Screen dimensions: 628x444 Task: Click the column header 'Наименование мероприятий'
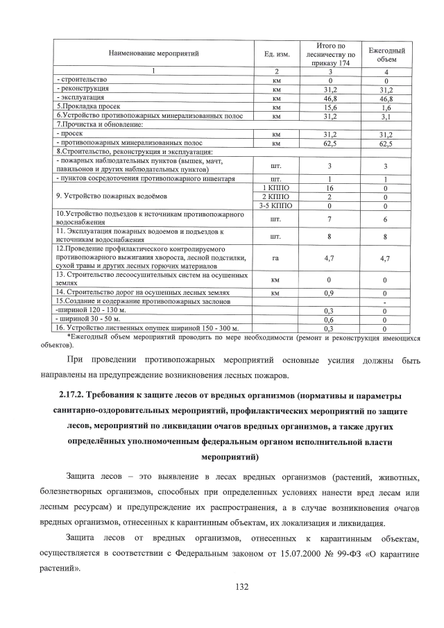pyautogui.click(x=153, y=53)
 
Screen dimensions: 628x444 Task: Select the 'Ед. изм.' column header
pyautogui.click(x=275, y=53)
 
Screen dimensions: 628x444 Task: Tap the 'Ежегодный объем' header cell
pyautogui.click(x=386, y=53)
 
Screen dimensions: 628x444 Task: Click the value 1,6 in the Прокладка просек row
pyautogui.click(x=386, y=108)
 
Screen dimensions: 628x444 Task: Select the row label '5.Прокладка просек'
pyautogui.click(x=84, y=108)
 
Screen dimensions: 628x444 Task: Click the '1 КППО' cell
pyautogui.click(x=275, y=188)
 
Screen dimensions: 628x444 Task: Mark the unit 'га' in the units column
pyautogui.click(x=275, y=257)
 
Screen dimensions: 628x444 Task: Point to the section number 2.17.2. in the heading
pyautogui.click(x=76, y=396)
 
